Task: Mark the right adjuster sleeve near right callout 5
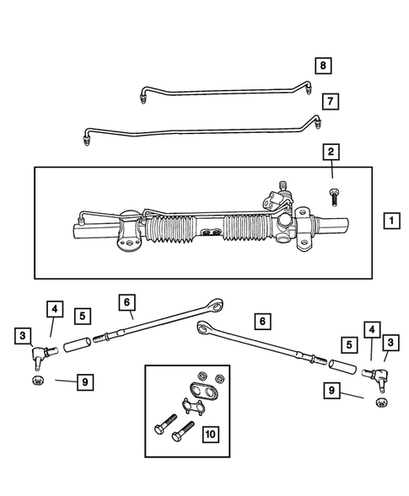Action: coord(342,367)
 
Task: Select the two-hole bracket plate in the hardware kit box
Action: coord(202,392)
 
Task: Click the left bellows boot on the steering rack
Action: coord(173,230)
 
